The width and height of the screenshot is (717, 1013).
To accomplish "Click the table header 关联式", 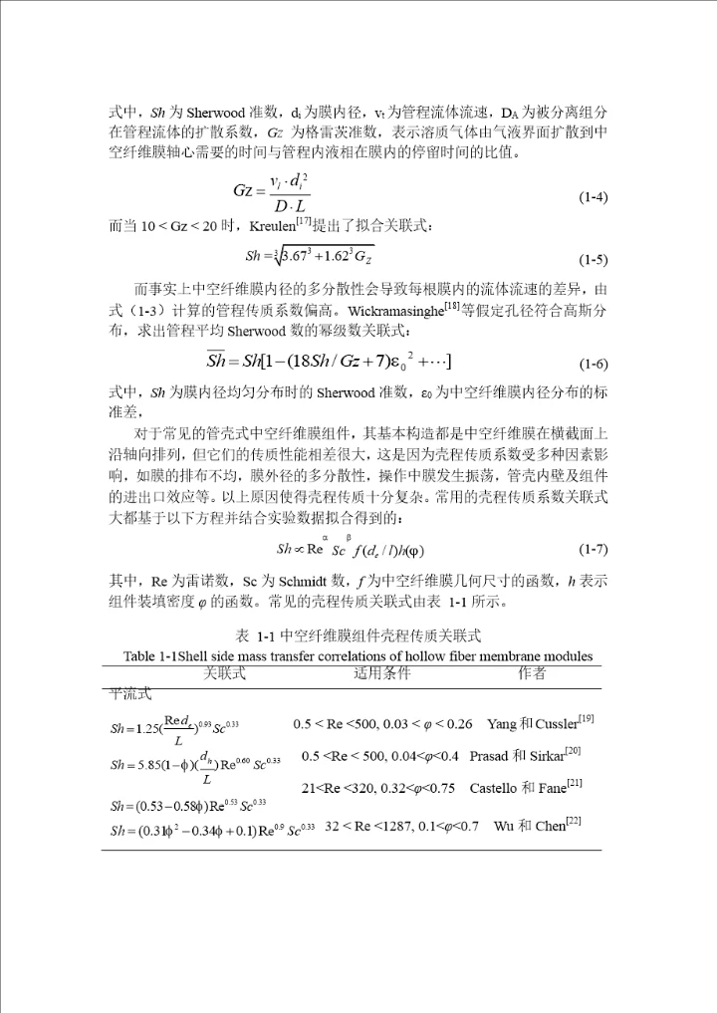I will [224, 674].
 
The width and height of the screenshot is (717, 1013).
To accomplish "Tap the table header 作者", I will [532, 674].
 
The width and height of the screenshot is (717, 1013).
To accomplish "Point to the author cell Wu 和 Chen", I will [538, 826].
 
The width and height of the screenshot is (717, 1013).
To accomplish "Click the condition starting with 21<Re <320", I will [378, 789].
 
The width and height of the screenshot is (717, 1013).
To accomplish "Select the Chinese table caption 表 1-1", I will [358, 635].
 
